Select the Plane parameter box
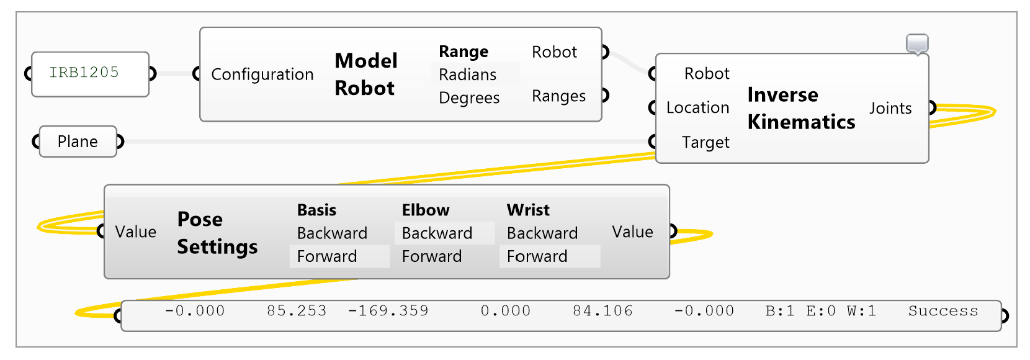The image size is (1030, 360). (78, 142)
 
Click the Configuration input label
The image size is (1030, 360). (262, 74)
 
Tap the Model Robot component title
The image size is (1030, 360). (365, 74)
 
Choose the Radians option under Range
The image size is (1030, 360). (467, 74)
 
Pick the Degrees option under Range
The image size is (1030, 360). (468, 98)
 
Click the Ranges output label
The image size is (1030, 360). (558, 96)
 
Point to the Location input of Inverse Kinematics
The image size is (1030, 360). (697, 108)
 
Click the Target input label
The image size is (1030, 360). (705, 143)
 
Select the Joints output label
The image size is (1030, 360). (890, 109)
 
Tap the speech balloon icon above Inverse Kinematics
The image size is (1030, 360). (917, 43)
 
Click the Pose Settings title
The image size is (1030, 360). (217, 233)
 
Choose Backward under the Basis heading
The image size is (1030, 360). (332, 233)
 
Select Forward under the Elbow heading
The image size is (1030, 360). (431, 256)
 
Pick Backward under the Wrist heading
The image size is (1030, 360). (542, 233)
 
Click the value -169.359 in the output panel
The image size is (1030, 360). (388, 311)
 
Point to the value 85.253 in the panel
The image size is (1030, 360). (297, 311)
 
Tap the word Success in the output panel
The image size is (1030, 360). (943, 311)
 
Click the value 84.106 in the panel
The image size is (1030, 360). (602, 311)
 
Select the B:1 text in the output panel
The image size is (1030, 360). (780, 311)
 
